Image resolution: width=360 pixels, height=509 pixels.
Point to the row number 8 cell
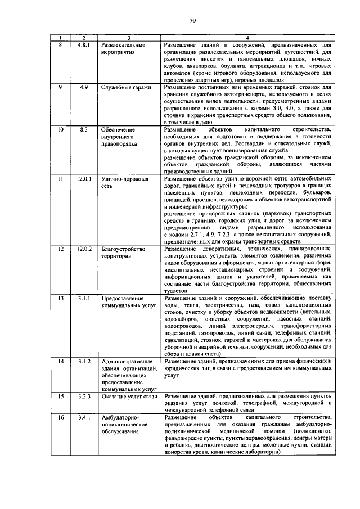61,44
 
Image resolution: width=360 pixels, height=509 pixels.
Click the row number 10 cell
61,130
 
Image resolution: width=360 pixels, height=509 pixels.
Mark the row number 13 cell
61,298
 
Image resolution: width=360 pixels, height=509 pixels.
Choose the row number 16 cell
61,417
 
